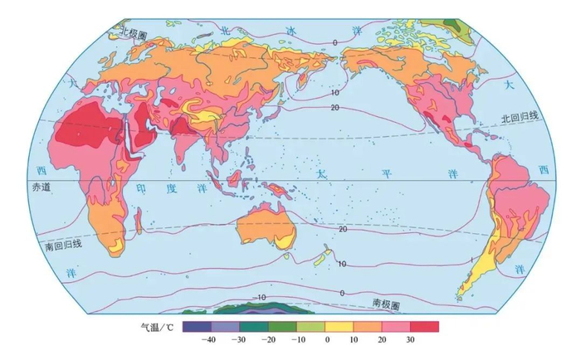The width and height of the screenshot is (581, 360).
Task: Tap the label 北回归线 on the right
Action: tap(520, 119)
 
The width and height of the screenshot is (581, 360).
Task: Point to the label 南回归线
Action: tap(63, 244)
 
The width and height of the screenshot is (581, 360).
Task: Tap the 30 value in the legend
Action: tap(411, 339)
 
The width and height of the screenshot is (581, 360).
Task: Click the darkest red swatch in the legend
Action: tap(425, 326)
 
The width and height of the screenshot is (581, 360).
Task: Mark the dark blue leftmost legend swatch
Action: tap(193, 326)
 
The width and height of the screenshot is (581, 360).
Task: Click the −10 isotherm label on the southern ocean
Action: tap(259, 296)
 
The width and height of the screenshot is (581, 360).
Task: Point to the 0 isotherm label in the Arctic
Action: tap(334, 42)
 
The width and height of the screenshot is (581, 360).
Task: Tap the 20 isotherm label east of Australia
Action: tap(343, 227)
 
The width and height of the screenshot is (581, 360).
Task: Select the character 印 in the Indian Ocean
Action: tap(141, 188)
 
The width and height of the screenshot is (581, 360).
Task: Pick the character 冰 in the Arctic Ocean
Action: tap(291, 30)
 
